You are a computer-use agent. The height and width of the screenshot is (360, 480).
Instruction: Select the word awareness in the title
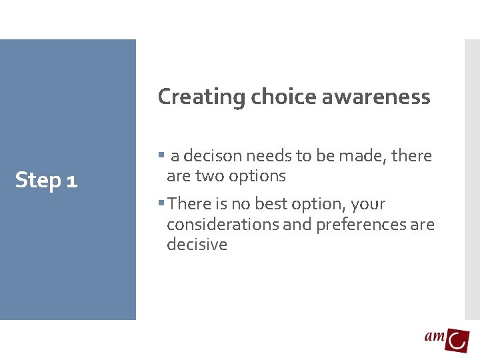(376, 97)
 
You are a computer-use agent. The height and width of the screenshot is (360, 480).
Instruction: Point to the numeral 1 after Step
(72, 181)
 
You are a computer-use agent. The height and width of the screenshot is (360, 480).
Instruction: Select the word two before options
(209, 177)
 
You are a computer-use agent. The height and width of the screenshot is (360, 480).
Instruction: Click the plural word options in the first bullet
(257, 177)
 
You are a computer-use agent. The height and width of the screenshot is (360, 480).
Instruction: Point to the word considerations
(223, 225)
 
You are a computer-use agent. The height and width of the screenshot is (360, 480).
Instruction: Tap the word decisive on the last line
(197, 245)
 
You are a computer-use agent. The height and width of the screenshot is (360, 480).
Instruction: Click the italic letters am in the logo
(435, 337)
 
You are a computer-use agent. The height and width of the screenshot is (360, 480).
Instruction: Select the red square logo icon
(458, 340)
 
